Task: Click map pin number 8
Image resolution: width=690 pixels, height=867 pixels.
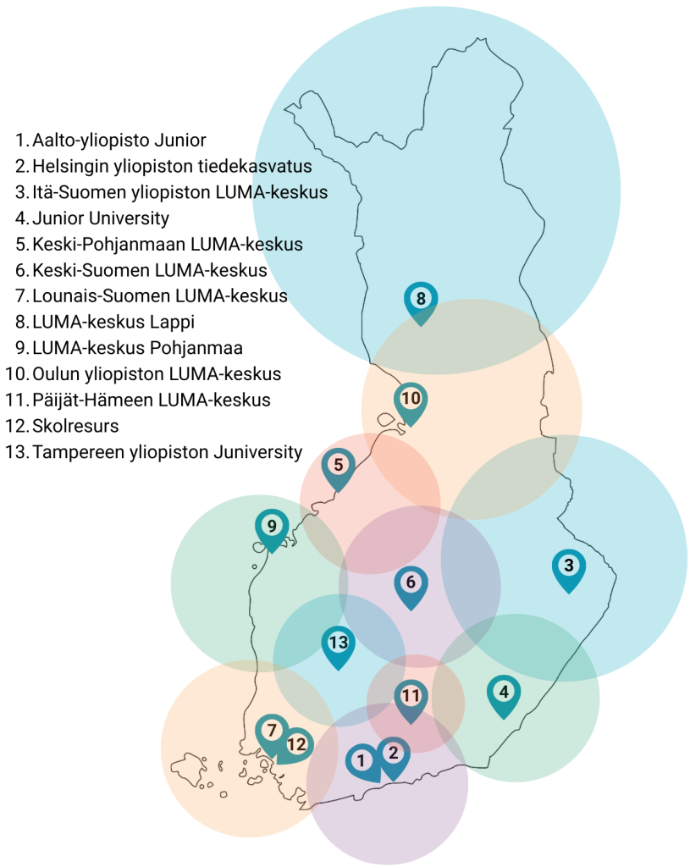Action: [421, 299]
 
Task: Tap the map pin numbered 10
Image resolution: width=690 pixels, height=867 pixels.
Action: [411, 399]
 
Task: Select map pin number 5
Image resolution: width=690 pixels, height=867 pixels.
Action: [338, 466]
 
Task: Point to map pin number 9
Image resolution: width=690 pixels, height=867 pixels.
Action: [272, 527]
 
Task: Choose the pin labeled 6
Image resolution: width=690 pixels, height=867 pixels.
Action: [411, 583]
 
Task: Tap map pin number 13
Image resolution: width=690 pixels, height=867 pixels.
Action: [338, 643]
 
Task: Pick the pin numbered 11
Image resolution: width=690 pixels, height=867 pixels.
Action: [411, 698]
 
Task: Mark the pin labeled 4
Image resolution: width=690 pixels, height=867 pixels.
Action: [504, 692]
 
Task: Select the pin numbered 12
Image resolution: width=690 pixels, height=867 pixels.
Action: [296, 745]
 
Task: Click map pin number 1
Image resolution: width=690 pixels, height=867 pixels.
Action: [362, 760]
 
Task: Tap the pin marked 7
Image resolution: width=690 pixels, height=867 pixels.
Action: [272, 730]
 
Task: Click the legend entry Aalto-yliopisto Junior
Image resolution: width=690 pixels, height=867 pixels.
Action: [119, 140]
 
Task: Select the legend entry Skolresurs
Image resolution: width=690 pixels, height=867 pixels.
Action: [75, 426]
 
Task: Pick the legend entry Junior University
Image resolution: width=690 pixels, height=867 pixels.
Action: [101, 218]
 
